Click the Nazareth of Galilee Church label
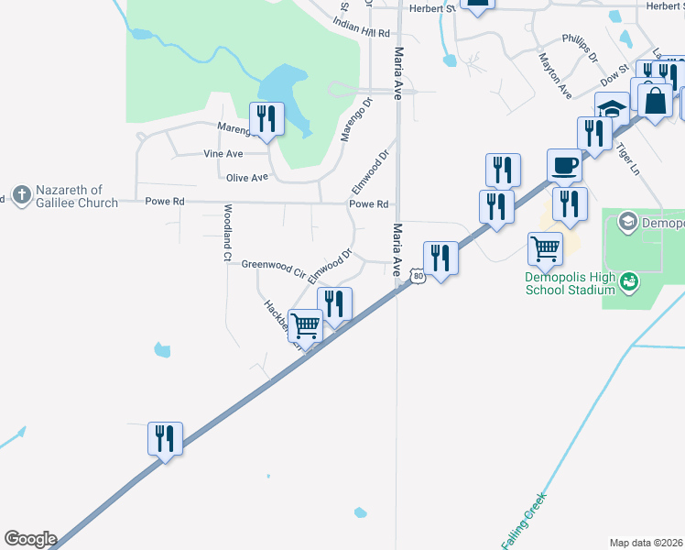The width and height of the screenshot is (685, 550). (x=77, y=195)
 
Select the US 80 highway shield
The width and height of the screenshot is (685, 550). (x=418, y=276)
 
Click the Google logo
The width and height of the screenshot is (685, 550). (x=30, y=539)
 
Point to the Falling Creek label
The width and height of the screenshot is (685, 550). (x=524, y=519)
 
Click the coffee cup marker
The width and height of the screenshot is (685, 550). (x=565, y=167)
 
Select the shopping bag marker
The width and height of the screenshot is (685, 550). (x=657, y=99)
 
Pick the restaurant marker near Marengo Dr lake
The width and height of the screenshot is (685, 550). (x=266, y=120)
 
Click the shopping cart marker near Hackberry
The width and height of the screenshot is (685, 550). (x=306, y=324)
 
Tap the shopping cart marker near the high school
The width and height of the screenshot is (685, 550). (x=545, y=247)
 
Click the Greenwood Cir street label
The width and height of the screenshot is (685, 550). (x=273, y=267)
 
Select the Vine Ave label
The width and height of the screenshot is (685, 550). (x=222, y=153)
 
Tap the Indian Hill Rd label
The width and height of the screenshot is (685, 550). (x=363, y=32)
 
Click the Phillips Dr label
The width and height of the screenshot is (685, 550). (x=580, y=49)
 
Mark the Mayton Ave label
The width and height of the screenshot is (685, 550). (x=555, y=75)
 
